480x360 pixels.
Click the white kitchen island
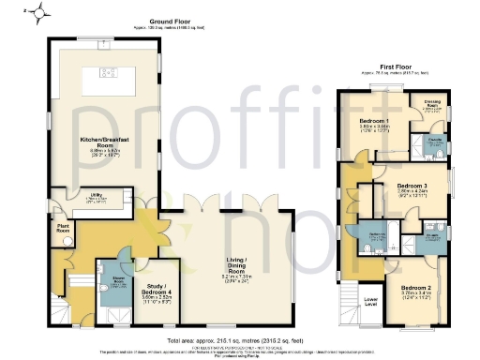coord(103,82)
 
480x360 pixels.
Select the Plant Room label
coord(64,227)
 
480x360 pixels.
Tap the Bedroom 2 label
coord(416,288)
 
